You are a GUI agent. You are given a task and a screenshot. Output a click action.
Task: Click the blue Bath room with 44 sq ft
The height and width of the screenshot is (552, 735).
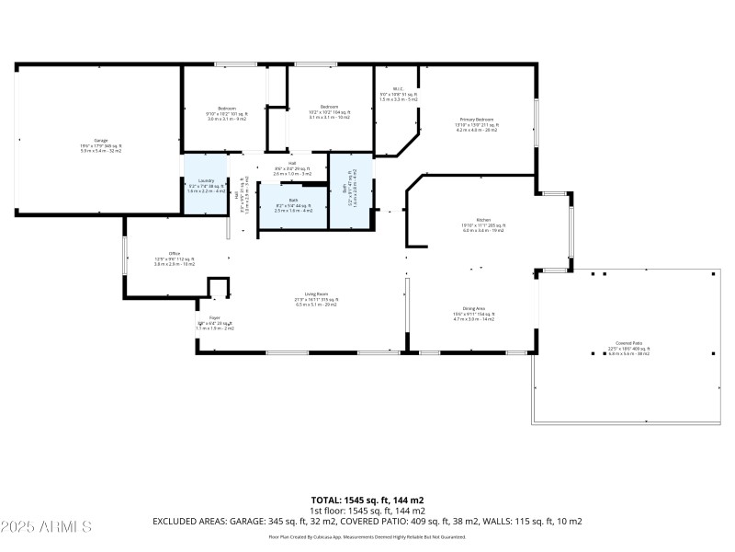[293, 205]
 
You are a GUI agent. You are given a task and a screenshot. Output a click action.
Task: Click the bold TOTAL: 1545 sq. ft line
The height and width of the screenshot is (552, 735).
[367, 500]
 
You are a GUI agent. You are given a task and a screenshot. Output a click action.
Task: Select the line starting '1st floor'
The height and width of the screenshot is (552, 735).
[367, 511]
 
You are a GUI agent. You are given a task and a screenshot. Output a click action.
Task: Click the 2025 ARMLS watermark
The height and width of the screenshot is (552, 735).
[46, 526]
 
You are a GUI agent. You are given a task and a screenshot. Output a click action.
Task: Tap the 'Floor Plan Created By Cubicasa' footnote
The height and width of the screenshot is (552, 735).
[367, 536]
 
